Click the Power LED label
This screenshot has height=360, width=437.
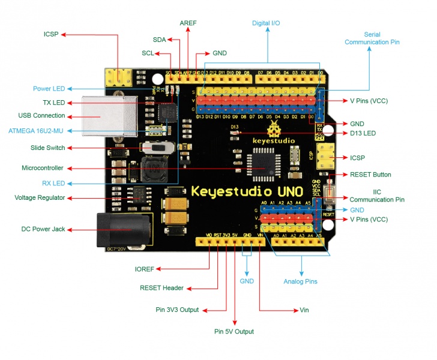click(x=49, y=89)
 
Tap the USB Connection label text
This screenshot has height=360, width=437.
click(x=41, y=115)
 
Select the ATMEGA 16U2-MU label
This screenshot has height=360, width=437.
click(x=40, y=130)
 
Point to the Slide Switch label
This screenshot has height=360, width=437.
click(x=47, y=148)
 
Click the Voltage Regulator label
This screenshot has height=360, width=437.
click(x=40, y=197)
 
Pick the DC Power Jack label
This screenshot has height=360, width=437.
click(x=43, y=229)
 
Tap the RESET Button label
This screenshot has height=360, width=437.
click(x=370, y=175)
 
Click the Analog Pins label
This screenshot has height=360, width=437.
click(x=300, y=281)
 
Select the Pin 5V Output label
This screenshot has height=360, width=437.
click(x=234, y=331)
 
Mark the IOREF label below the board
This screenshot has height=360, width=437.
click(x=145, y=269)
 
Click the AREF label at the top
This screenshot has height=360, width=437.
click(x=188, y=23)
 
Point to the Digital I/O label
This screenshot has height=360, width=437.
click(x=266, y=23)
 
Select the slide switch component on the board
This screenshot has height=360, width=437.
click(x=158, y=148)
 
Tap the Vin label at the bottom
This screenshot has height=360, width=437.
click(x=304, y=310)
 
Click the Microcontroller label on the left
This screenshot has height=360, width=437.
click(x=42, y=168)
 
